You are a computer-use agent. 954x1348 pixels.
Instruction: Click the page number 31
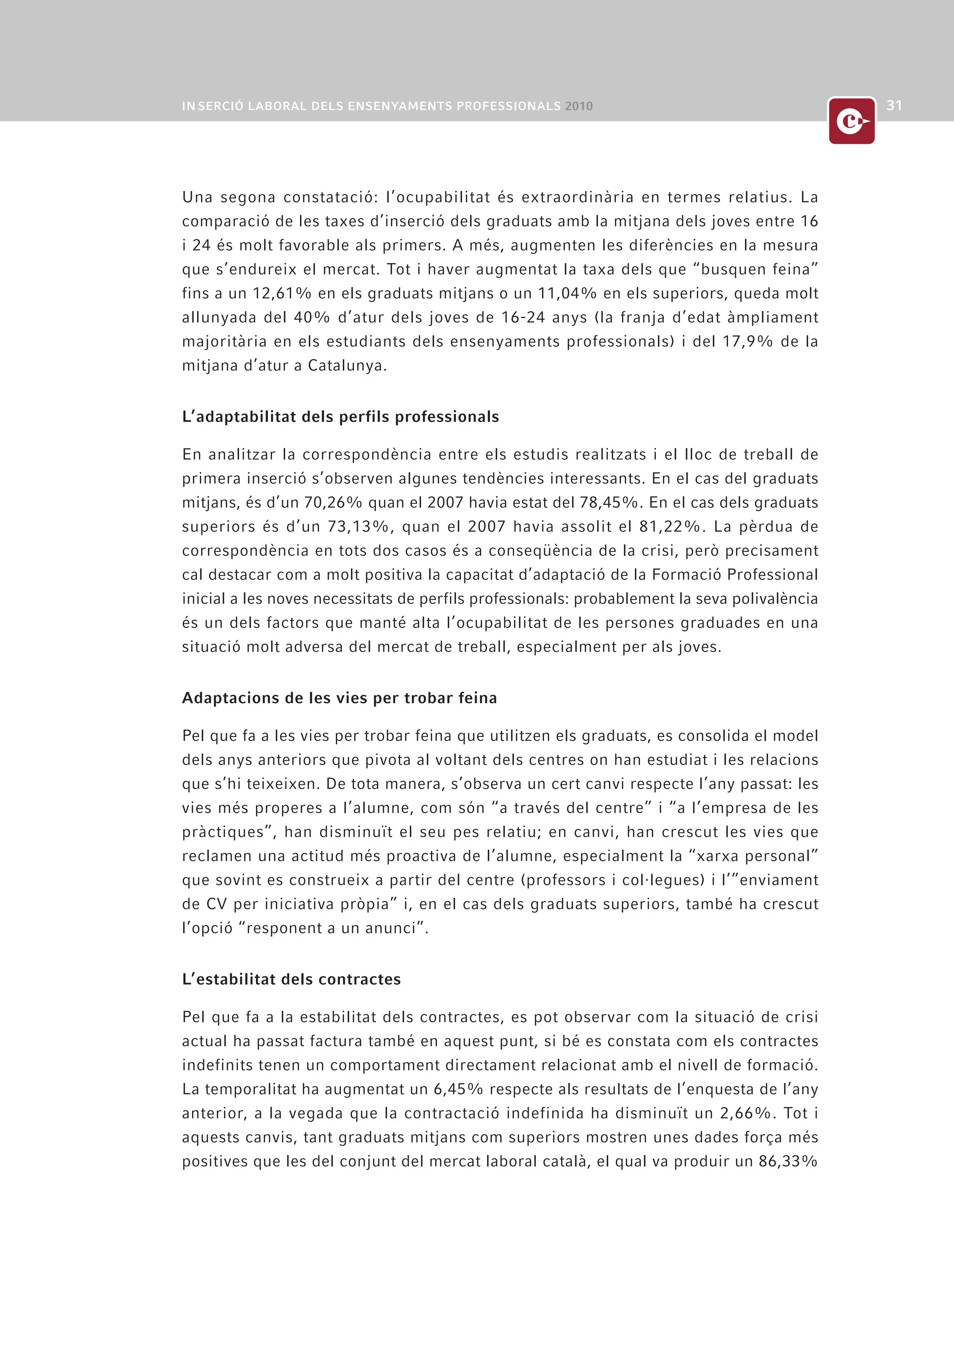pos(894,106)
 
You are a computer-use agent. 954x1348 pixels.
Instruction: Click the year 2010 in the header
pos(579,106)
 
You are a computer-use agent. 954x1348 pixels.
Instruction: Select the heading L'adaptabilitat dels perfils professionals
pos(340,417)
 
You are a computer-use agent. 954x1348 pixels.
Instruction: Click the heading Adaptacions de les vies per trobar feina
pos(340,698)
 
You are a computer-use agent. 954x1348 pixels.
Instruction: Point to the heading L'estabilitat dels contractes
pos(291,979)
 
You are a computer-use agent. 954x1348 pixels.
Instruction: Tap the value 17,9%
pos(747,342)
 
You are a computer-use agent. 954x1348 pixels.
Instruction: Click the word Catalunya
pos(347,366)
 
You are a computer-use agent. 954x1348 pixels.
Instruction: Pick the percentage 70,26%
pos(333,502)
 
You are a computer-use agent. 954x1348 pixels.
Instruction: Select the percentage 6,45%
pos(457,1090)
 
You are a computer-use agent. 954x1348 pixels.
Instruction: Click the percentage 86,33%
pos(788,1162)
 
